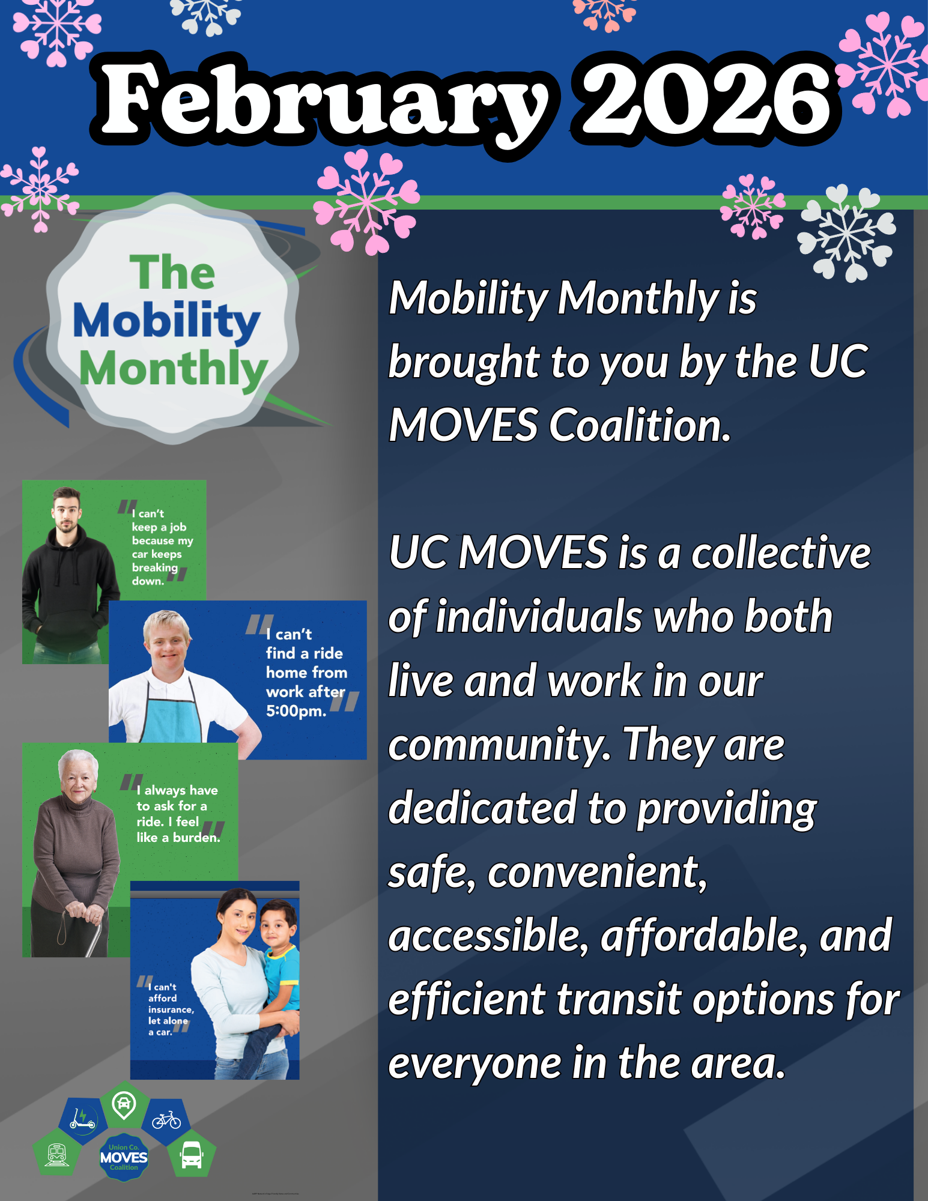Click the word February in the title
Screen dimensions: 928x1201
324,102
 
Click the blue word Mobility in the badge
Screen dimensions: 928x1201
166,321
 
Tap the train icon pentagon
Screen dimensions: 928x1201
57,1153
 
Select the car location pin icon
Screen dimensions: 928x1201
124,1105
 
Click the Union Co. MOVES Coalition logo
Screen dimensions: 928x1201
124,1158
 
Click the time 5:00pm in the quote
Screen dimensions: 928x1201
296,711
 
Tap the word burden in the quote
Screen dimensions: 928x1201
196,837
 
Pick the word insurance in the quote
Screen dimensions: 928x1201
171,1009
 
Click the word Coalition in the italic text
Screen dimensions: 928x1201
640,425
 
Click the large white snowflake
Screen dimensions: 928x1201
847,233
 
